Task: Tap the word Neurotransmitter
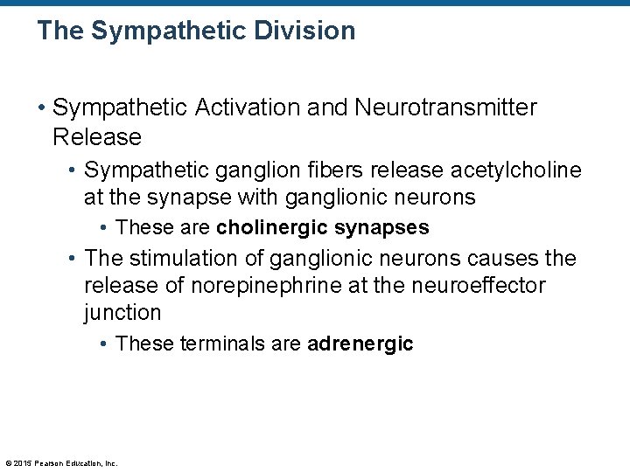(446, 108)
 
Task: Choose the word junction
(122, 313)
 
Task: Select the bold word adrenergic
(360, 344)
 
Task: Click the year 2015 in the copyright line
(22, 463)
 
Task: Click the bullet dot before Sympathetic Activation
(42, 108)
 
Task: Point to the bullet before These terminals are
(104, 344)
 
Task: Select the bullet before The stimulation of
(73, 260)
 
